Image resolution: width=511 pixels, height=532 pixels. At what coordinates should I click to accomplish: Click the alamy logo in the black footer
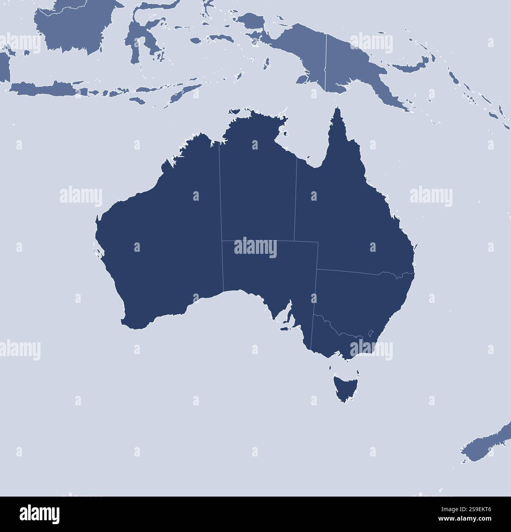39,514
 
